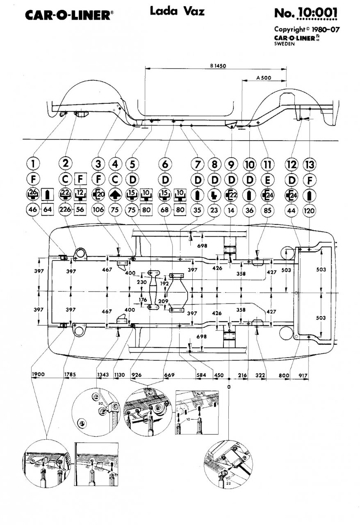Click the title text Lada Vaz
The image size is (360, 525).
pyautogui.click(x=177, y=12)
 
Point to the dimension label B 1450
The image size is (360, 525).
pyautogui.click(x=219, y=65)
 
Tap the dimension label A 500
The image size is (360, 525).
pyautogui.click(x=263, y=77)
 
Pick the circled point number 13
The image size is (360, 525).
pyautogui.click(x=309, y=164)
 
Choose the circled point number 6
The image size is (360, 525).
pyautogui.click(x=165, y=164)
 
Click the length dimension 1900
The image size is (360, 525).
pyautogui.click(x=37, y=374)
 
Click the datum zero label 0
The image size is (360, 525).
pyautogui.click(x=229, y=387)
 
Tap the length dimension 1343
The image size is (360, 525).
pyautogui.click(x=103, y=374)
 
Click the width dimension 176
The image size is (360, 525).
pyautogui.click(x=142, y=300)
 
